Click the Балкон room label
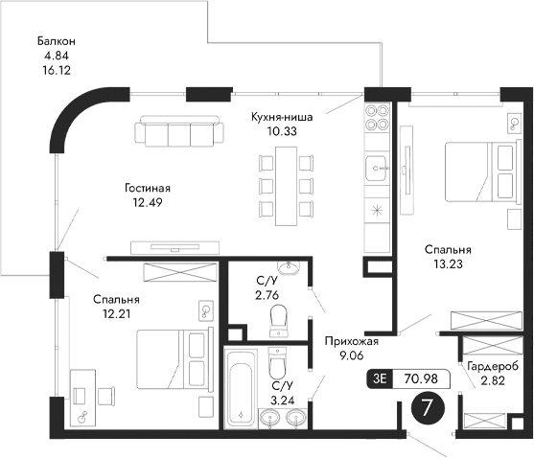pyautogui.click(x=57, y=41)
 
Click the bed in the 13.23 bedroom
pyautogui.click(x=480, y=170)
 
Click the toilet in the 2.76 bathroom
pyautogui.click(x=279, y=315)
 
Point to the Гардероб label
pyautogui.click(x=494, y=367)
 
